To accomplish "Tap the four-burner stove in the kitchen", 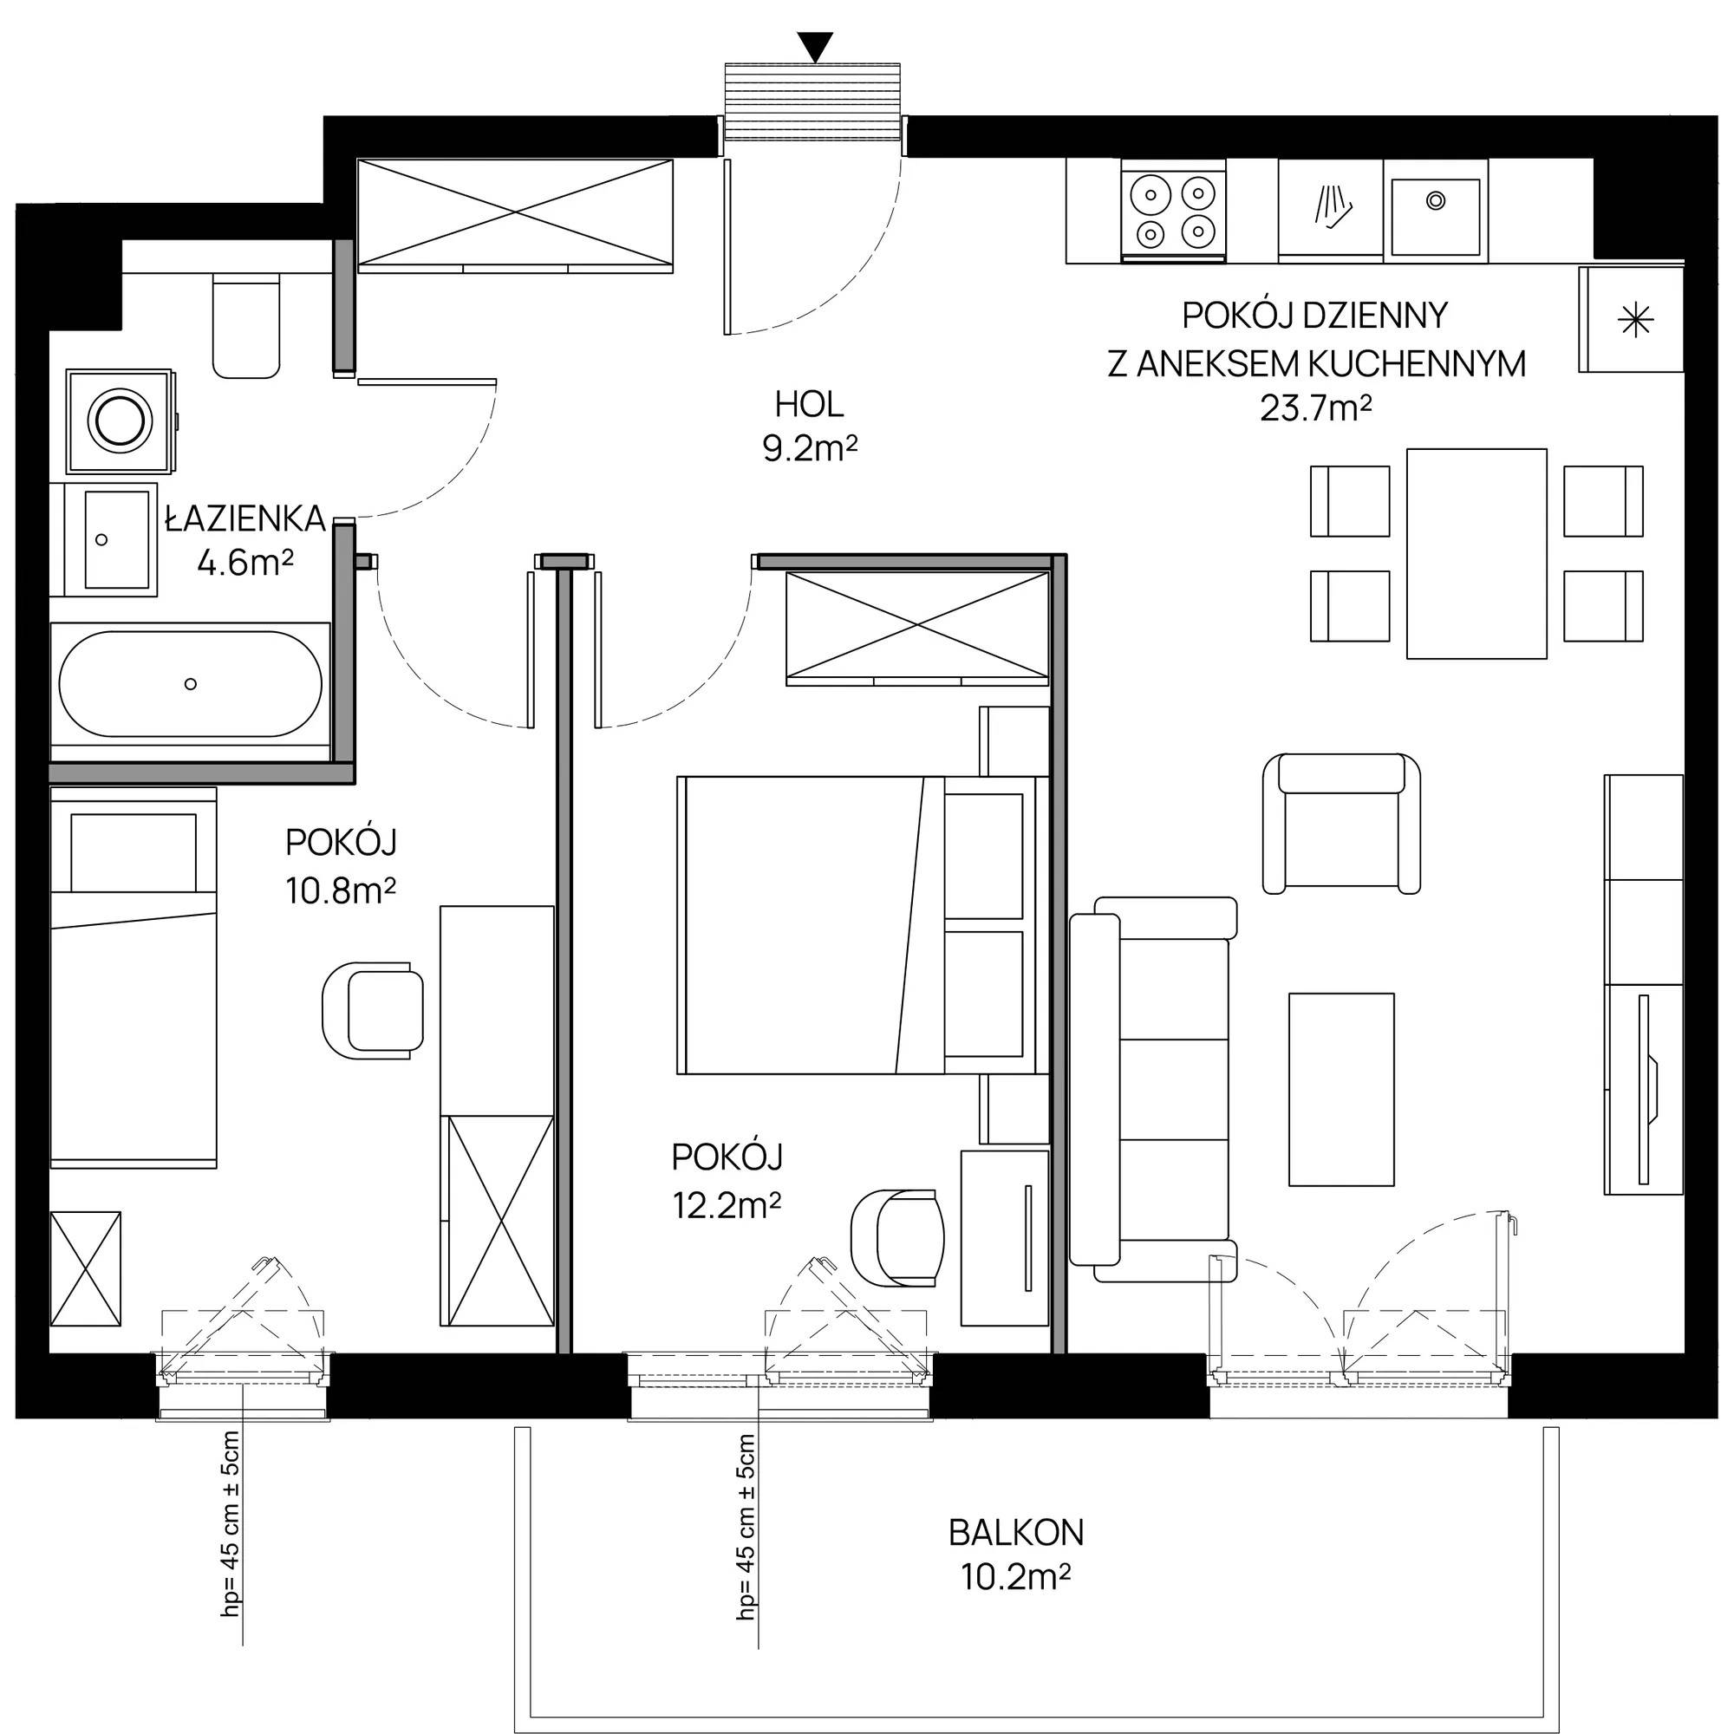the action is pos(1173,212).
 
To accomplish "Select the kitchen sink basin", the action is pos(1435,216).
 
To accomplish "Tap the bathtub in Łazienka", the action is pos(190,684).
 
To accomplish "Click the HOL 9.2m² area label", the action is pos(810,427).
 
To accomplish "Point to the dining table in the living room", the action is pos(1477,553).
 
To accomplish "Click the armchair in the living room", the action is pos(1341,823).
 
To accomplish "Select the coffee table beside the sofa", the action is pos(1341,1089).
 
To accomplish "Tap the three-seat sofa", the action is pos(1153,1089).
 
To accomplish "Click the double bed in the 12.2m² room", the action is pos(863,925).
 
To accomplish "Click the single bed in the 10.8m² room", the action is pos(134,977).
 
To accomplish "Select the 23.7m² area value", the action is pos(1316,409).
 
